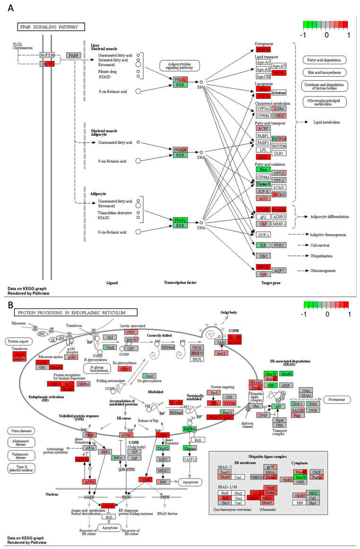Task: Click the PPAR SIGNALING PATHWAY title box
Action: coord(51,27)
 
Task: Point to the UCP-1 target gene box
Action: coord(263,235)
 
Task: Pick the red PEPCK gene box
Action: coord(263,267)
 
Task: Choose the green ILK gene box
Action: coord(263,245)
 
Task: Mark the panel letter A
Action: coord(10,8)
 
